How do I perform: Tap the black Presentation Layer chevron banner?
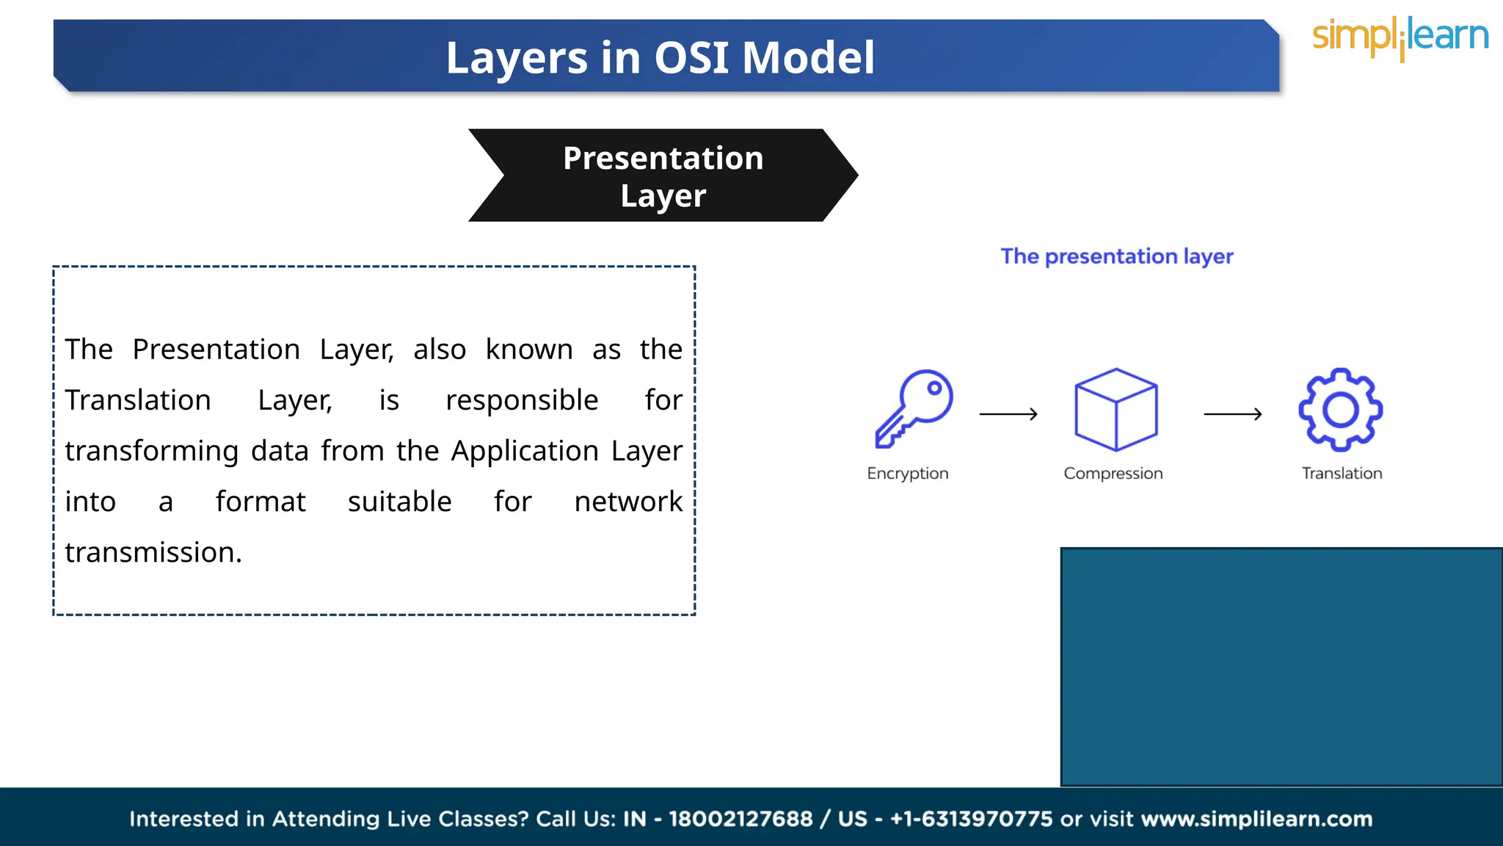click(663, 176)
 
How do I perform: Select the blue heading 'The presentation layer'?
click(1116, 256)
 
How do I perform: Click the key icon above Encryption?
click(914, 408)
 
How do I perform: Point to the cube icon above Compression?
click(1116, 409)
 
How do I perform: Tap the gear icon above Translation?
click(1340, 409)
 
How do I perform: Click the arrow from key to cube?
click(1008, 414)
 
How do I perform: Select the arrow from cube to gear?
click(1232, 414)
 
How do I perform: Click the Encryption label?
click(908, 474)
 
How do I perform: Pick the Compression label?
click(1113, 474)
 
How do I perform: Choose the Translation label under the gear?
click(1342, 474)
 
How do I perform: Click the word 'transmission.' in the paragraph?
click(153, 552)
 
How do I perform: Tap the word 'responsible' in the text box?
click(522, 400)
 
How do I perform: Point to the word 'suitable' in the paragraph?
click(399, 502)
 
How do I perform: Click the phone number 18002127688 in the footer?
click(740, 819)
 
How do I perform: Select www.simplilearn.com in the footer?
click(1256, 819)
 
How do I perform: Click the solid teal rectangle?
click(1281, 667)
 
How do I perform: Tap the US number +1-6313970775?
click(971, 819)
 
